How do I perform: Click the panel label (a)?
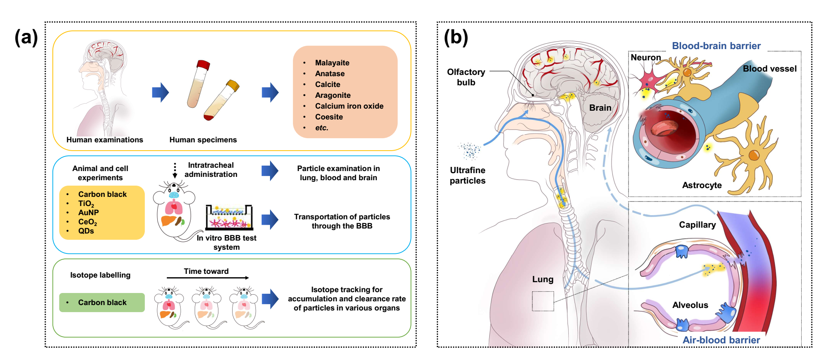click(x=26, y=37)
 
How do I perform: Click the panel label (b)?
click(x=456, y=37)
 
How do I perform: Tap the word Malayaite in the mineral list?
click(x=332, y=63)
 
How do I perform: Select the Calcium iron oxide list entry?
click(x=349, y=106)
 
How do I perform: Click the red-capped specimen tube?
click(x=198, y=84)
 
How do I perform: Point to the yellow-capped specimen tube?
click(x=221, y=100)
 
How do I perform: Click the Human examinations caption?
click(x=104, y=140)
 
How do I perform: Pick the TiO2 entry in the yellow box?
click(x=86, y=204)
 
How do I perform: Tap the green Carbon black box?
click(x=102, y=303)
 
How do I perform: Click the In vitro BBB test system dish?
click(x=229, y=217)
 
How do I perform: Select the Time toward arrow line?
click(x=208, y=278)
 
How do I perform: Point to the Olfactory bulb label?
click(x=466, y=77)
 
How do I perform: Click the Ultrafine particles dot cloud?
click(x=470, y=151)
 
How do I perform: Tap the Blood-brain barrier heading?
click(x=716, y=46)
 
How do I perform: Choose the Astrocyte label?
click(x=702, y=185)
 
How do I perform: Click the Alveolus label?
click(x=690, y=305)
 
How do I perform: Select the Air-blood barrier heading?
click(x=721, y=340)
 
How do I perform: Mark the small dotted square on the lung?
click(x=543, y=301)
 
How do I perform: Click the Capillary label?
click(x=697, y=225)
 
